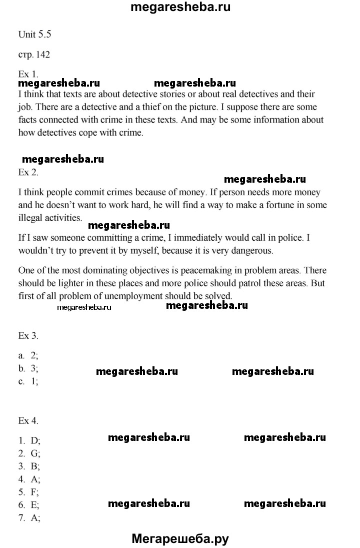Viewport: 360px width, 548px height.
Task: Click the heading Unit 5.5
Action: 35,35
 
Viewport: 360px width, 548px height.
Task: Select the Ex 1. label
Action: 28,74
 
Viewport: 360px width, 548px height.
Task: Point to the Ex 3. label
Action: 28,335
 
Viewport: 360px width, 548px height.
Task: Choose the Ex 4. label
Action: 28,421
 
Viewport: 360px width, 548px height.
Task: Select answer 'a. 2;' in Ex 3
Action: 28,355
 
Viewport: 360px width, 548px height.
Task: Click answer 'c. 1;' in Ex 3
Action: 28,381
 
